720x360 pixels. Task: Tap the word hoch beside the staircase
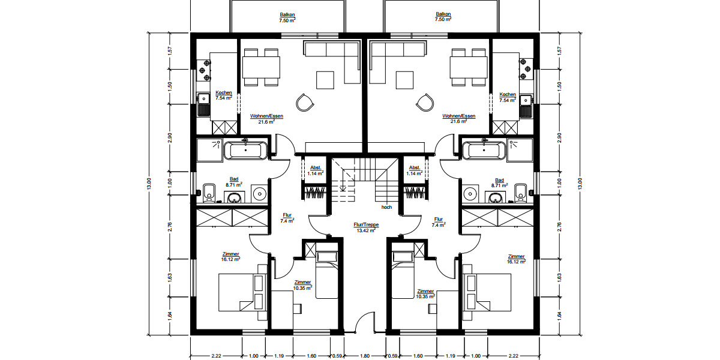click(x=386, y=207)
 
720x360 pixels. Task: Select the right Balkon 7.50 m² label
click(x=443, y=17)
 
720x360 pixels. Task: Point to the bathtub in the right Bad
click(x=483, y=150)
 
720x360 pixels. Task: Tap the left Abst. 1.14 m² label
click(x=316, y=170)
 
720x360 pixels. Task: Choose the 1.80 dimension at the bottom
click(x=364, y=355)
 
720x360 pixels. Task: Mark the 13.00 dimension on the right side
click(x=580, y=184)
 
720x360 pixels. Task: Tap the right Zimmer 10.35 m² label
click(x=425, y=293)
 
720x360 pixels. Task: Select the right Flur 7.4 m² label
click(x=439, y=222)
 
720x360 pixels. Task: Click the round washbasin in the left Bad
click(x=260, y=193)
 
